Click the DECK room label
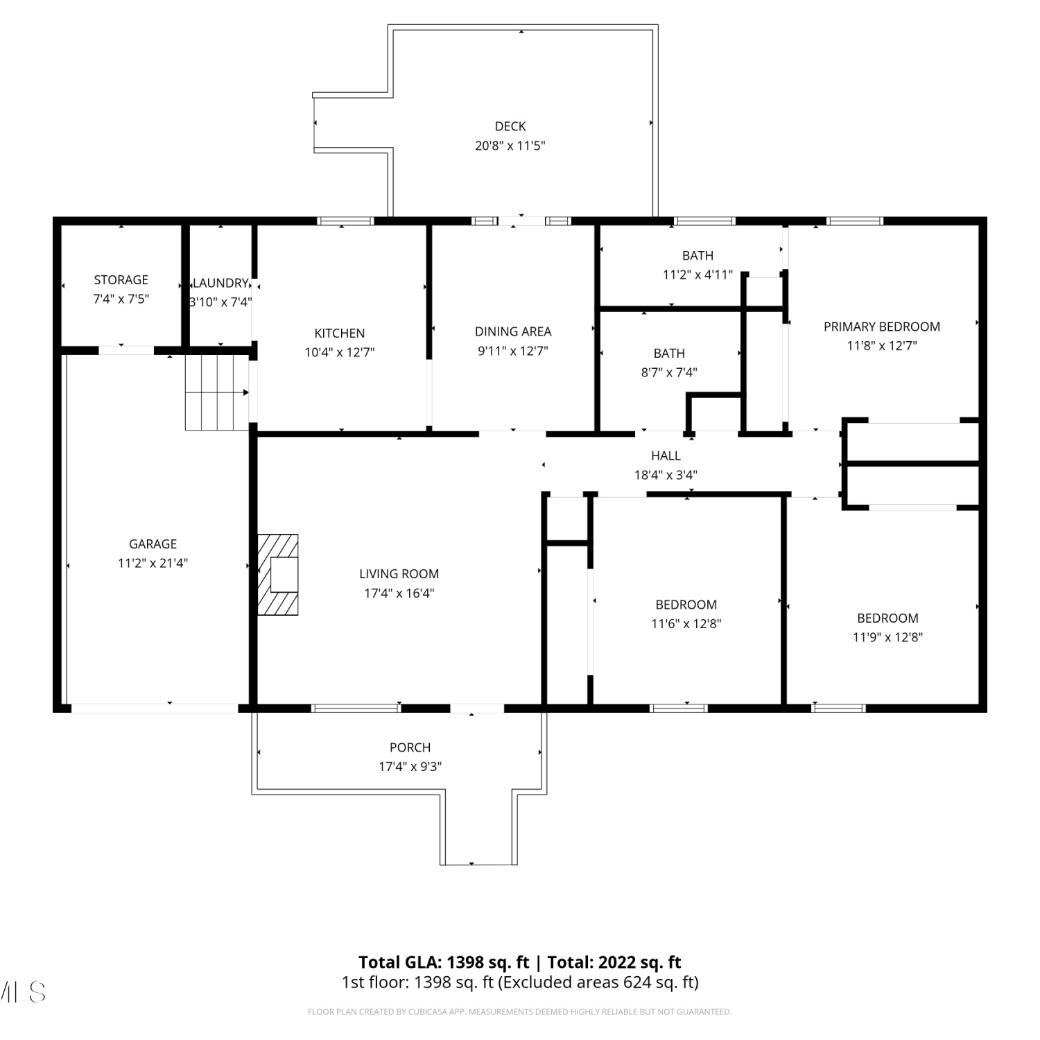tap(510, 126)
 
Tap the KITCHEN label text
tap(340, 333)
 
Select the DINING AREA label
tap(513, 331)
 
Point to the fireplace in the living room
tap(278, 574)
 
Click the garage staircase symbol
tap(217, 392)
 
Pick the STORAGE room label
tap(121, 280)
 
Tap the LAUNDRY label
tap(220, 283)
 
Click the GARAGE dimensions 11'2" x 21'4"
tap(153, 563)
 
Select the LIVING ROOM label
tap(399, 574)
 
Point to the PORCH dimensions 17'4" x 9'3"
tap(410, 767)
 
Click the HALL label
tap(666, 456)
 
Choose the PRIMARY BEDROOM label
tap(882, 327)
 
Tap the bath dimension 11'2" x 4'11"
tap(697, 275)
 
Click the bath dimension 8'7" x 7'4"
tap(669, 372)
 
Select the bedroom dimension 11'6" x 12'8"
tap(686, 624)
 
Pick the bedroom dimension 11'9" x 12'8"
tap(887, 637)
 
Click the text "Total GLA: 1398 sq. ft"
tap(444, 962)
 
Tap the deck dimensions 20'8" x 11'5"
tap(510, 146)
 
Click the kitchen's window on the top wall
tap(345, 221)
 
